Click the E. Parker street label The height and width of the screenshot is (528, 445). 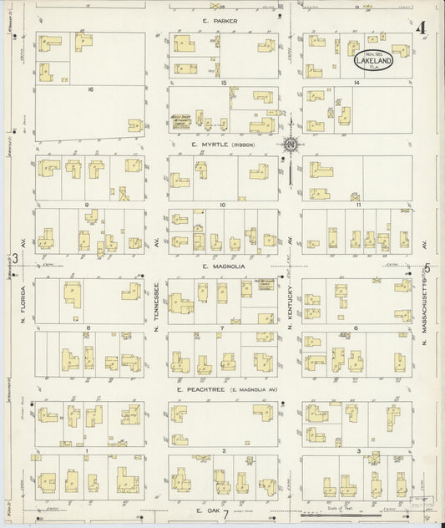[225, 21]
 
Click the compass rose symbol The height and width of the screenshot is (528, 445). [290, 145]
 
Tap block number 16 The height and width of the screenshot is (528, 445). [88, 86]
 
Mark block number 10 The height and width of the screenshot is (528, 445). [223, 205]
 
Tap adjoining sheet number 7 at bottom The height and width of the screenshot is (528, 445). [225, 512]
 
